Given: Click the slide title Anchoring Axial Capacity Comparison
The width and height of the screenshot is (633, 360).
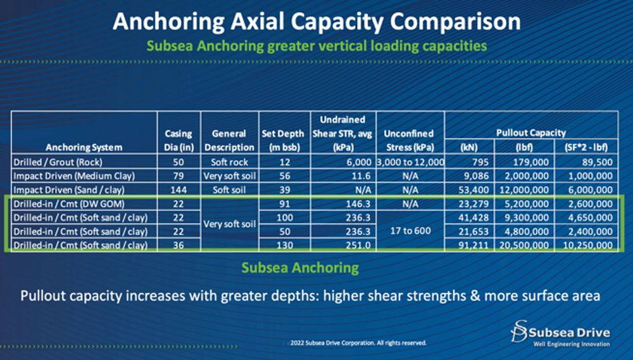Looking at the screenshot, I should point(316,23).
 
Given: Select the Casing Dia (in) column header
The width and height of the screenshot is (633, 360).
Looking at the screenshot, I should point(179,140).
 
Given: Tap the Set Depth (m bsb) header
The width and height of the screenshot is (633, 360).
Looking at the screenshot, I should point(284,140).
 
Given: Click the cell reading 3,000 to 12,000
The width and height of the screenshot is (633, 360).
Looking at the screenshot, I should point(410,161).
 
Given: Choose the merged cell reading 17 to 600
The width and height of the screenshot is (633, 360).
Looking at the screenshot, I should point(410,231).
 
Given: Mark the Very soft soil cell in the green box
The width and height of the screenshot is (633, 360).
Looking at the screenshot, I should point(229,224).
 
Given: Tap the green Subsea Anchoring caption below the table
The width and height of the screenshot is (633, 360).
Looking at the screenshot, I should point(299,268).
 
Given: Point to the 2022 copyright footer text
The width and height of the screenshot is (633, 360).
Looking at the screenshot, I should point(358,342).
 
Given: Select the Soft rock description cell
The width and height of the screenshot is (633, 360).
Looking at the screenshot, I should point(229,161).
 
